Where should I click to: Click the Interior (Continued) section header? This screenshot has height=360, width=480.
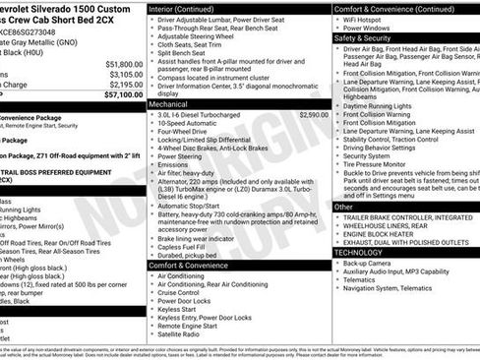coord(187,8)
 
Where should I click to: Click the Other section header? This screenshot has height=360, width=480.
coord(344,208)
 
